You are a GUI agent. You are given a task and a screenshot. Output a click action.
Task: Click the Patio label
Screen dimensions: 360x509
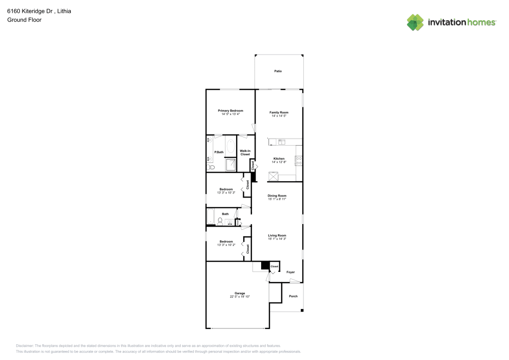point(278,71)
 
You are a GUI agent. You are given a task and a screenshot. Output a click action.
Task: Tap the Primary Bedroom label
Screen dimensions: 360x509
point(231,110)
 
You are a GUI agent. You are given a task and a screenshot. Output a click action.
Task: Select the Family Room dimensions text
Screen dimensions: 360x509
point(279,116)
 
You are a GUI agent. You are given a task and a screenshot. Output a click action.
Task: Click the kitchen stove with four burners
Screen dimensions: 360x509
point(299,159)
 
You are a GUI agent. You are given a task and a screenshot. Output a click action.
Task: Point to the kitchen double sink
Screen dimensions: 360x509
point(281,142)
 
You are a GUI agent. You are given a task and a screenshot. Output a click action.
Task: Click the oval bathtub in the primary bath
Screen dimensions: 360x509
point(231,147)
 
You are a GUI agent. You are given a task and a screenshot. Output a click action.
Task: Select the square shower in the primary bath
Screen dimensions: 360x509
point(231,164)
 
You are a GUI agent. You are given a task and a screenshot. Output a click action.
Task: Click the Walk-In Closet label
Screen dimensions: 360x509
point(245,152)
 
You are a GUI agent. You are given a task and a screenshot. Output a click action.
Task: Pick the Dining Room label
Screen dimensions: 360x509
point(277,196)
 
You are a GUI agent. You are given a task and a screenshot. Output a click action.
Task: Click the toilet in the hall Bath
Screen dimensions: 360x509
point(220,221)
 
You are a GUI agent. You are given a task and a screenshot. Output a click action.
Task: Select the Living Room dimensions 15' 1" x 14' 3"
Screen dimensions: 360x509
point(277,239)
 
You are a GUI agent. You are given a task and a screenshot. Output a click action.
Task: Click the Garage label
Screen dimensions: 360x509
point(240,293)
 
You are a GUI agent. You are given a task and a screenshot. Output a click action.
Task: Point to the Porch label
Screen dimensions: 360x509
point(293,296)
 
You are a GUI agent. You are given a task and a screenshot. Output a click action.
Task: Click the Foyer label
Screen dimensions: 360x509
point(291,272)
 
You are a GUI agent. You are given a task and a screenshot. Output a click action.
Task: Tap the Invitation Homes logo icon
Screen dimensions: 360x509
point(415,22)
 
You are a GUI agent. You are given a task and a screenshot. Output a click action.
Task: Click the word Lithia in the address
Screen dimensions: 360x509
point(64,11)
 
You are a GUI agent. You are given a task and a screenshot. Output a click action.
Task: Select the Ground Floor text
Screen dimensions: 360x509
point(24,20)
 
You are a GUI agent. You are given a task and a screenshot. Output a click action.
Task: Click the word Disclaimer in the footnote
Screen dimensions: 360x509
point(25,345)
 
